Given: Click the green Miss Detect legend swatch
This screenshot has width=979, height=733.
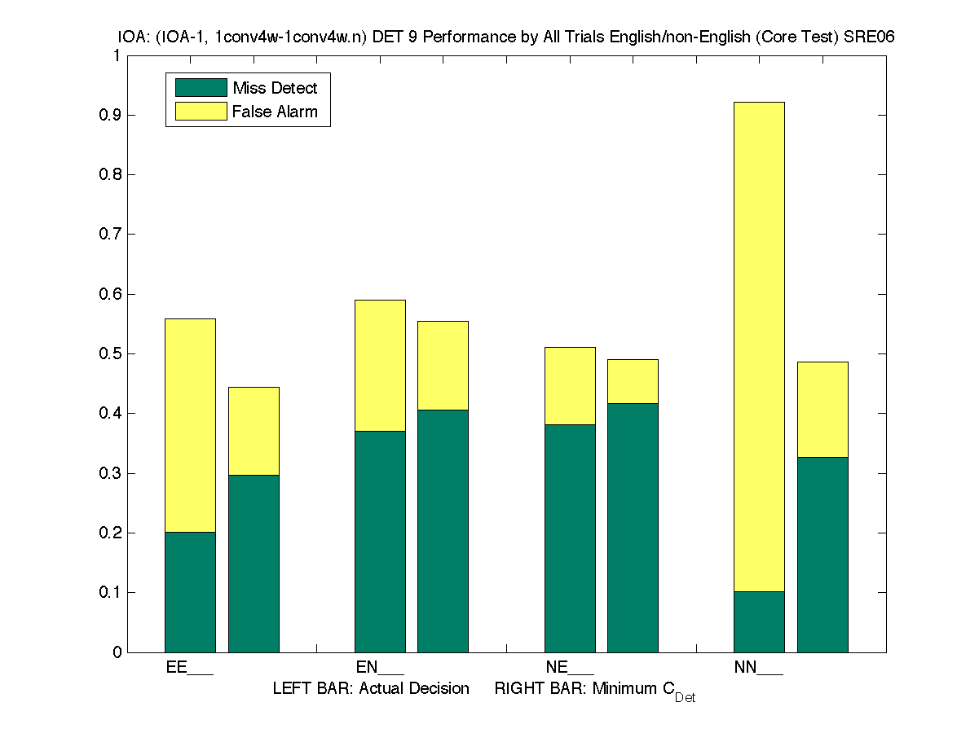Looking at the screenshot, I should [201, 88].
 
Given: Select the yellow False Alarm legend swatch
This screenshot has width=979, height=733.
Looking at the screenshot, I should [201, 111].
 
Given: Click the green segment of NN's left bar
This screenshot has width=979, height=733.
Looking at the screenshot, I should [759, 621].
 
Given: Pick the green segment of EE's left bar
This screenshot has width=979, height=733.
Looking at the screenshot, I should [190, 592].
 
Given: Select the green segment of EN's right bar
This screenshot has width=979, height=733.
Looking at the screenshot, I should [443, 531].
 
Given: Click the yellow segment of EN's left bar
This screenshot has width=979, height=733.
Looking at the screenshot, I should [380, 366].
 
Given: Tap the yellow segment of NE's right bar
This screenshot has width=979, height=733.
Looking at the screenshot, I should [633, 381].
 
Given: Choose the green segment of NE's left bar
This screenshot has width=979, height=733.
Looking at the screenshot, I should [570, 538].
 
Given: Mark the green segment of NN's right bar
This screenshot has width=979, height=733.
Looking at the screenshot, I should [822, 555].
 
